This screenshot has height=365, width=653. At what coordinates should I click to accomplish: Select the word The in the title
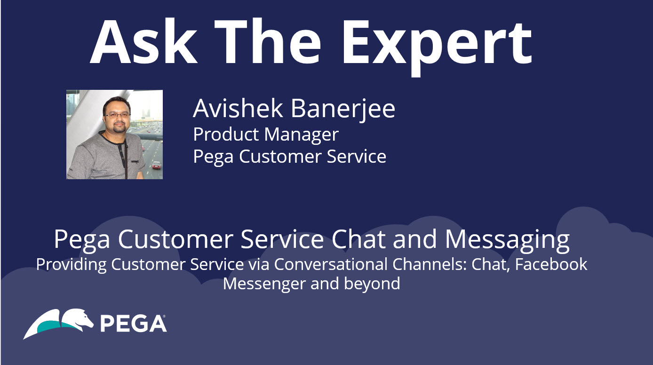(268, 41)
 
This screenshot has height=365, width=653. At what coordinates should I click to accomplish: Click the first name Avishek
(238, 108)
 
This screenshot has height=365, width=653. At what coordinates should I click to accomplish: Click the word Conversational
(331, 264)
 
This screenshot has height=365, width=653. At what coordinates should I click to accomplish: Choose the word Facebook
(551, 264)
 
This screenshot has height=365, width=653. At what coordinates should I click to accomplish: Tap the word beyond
(372, 283)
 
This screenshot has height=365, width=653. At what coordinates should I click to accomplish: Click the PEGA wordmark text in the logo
(133, 323)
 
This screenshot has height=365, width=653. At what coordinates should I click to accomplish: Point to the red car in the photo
(157, 165)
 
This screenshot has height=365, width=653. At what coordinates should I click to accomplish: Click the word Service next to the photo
(357, 157)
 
